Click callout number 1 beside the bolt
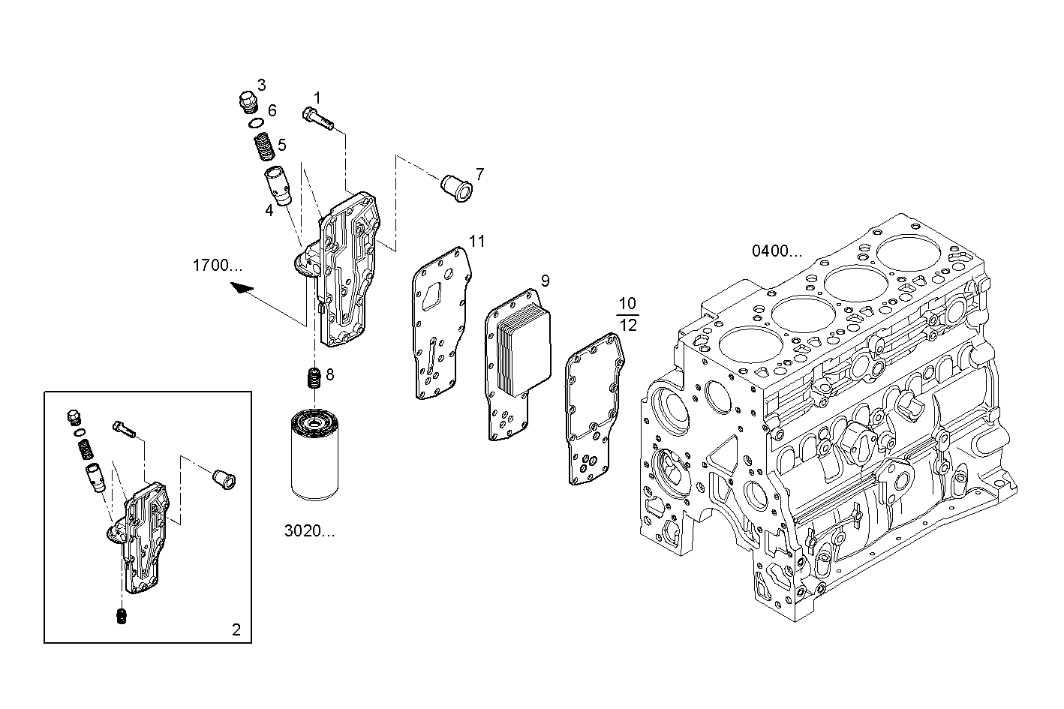click(x=317, y=98)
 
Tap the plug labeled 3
click(x=247, y=101)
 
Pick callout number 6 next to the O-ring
click(x=272, y=110)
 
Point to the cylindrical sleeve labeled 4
click(x=278, y=185)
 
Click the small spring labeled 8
click(x=315, y=377)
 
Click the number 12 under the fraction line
click(x=628, y=325)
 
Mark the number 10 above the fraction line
click(x=628, y=304)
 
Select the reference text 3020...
click(x=309, y=531)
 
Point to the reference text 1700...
click(x=218, y=265)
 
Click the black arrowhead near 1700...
click(x=242, y=288)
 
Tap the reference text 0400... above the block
click(x=777, y=251)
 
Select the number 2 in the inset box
click(x=236, y=629)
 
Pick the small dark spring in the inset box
click(x=121, y=617)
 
